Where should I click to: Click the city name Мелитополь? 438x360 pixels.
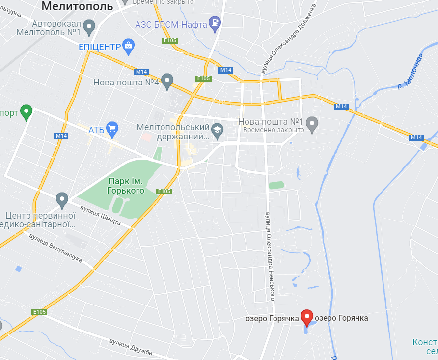pos(78,6)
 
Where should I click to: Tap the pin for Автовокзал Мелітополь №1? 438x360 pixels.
pos(89,27)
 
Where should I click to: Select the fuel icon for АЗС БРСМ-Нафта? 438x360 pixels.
pos(215,23)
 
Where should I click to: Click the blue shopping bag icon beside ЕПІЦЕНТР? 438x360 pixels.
pos(128,47)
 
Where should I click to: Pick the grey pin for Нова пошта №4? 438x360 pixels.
pos(167,81)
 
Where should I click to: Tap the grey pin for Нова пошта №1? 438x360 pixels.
pos(312,124)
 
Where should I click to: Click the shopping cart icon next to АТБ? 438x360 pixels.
pos(112,129)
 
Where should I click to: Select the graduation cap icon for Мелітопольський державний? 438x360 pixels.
pos(217,130)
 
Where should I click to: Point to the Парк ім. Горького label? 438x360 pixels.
pos(126,185)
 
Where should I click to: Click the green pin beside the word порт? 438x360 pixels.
pos(27,112)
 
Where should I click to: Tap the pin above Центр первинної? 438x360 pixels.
pos(62,199)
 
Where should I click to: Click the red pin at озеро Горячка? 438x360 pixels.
pos(307,317)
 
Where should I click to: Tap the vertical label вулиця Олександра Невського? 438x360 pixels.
pos(269,256)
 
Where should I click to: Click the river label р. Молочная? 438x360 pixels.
pos(410,72)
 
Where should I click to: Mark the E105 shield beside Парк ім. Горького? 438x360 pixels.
pos(164,191)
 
